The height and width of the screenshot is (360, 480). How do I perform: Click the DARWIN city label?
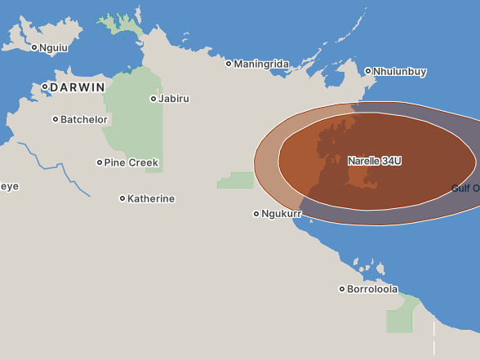pyautogui.click(x=78, y=87)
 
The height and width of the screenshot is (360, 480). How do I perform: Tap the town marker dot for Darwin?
pyautogui.click(x=45, y=87)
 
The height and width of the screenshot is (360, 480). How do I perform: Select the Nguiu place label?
pyautogui.click(x=55, y=47)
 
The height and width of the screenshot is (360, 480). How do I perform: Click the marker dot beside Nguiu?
pyautogui.click(x=34, y=47)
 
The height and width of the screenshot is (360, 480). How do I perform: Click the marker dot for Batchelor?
pyautogui.click(x=56, y=119)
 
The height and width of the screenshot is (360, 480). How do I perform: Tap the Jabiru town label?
pyautogui.click(x=174, y=99)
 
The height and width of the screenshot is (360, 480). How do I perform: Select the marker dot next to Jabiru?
pyautogui.click(x=153, y=99)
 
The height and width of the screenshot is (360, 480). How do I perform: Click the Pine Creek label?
pyautogui.click(x=131, y=162)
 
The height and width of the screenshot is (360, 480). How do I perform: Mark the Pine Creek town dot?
pyautogui.click(x=100, y=162)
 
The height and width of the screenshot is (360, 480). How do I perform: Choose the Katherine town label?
pyautogui.click(x=151, y=198)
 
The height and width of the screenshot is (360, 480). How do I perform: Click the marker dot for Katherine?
pyautogui.click(x=122, y=198)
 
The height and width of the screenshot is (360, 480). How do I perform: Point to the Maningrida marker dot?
pyautogui.click(x=229, y=64)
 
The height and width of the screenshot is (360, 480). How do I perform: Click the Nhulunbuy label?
pyautogui.click(x=400, y=72)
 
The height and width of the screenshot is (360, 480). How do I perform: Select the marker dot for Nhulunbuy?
pyautogui.click(x=368, y=71)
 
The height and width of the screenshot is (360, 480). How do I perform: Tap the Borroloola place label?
pyautogui.click(x=372, y=289)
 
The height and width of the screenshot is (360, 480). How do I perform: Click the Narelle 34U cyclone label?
pyautogui.click(x=375, y=161)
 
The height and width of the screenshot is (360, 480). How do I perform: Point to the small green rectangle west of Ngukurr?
pyautogui.click(x=236, y=180)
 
